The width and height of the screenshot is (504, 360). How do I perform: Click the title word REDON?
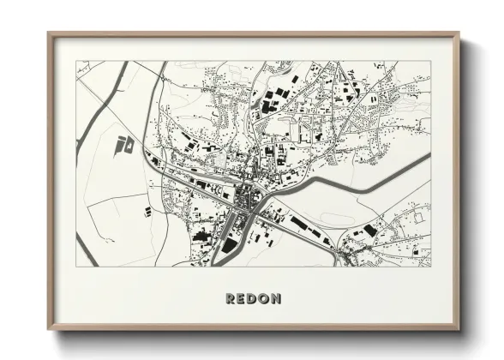[253, 298]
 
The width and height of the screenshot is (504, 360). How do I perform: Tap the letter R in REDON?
[231, 298]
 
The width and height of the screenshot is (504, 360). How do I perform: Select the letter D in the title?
[253, 298]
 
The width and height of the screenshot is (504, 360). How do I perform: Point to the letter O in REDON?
[264, 298]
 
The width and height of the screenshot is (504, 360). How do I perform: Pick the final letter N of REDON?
[276, 298]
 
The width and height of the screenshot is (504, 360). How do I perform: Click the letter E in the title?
[242, 298]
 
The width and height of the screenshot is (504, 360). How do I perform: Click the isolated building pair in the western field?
[125, 143]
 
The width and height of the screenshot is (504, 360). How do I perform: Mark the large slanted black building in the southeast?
[370, 230]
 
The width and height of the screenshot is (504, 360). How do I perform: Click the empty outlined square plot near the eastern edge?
[418, 218]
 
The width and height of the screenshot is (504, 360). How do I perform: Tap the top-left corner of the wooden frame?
[50, 34]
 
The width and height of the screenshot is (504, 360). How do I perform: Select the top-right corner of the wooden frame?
[458, 34]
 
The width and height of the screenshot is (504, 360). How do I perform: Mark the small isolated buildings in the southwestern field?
[145, 208]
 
